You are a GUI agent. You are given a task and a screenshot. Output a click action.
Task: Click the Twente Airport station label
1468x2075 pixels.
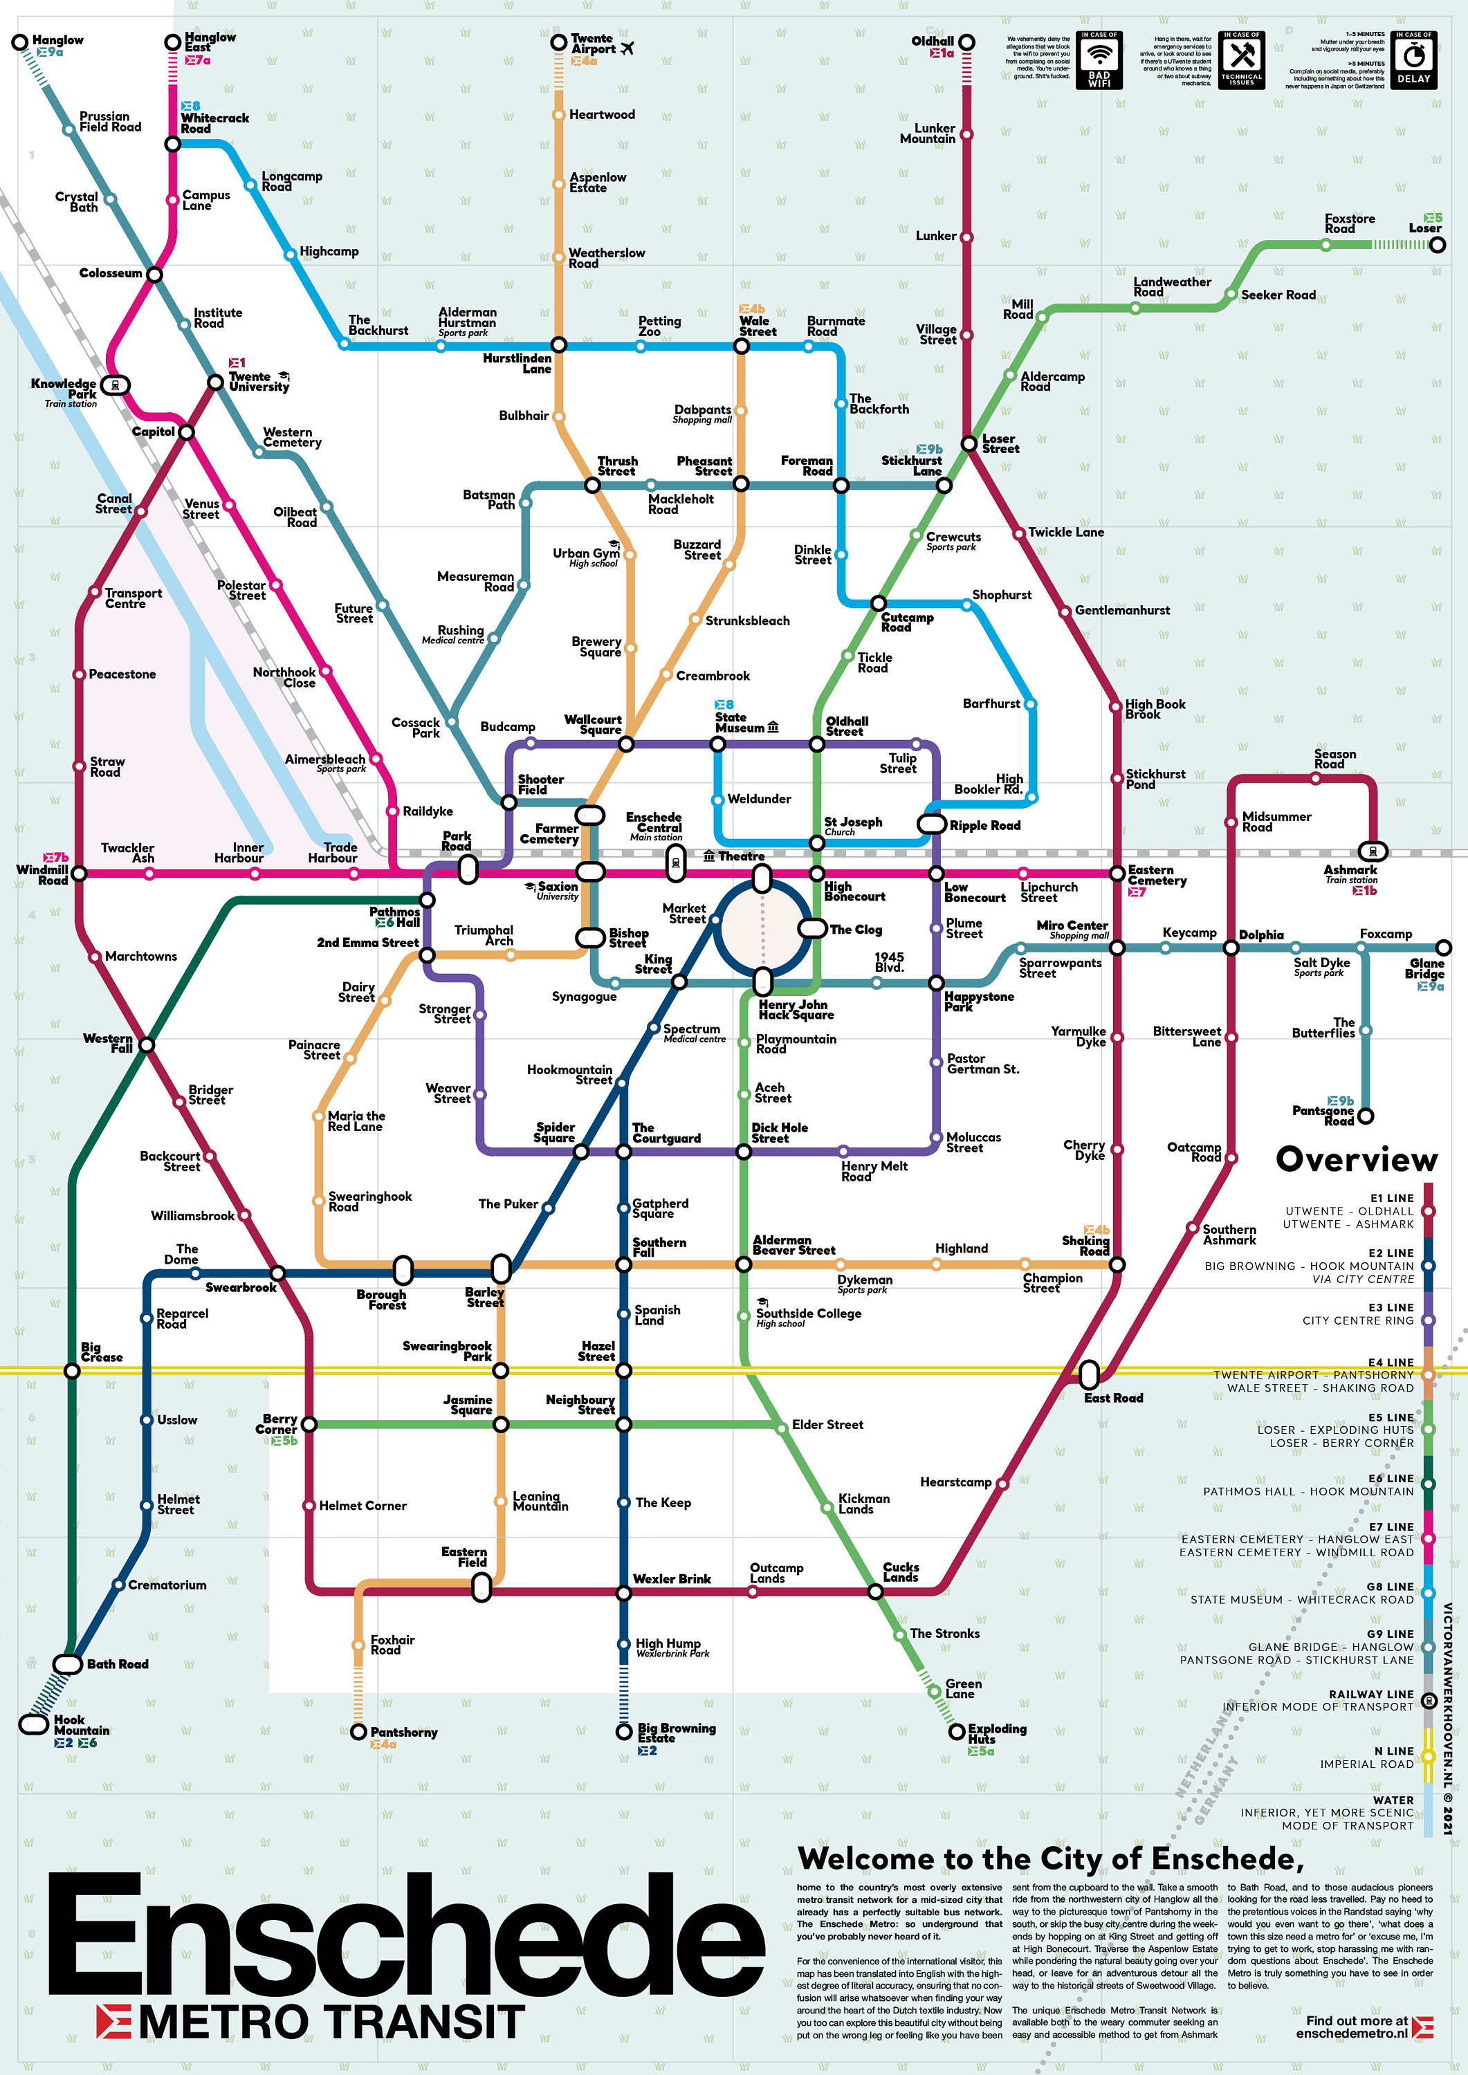592,44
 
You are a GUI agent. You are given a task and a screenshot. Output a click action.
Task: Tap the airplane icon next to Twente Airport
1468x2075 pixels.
627,48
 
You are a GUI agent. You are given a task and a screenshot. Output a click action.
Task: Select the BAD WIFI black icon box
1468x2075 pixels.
1100,59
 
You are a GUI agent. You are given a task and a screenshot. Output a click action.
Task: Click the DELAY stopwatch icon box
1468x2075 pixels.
1414,59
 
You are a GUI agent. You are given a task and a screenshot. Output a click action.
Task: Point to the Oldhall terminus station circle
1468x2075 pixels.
966,42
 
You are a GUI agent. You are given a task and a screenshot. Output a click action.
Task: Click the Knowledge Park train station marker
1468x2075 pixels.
115,386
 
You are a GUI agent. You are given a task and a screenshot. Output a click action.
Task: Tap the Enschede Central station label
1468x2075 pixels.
654,822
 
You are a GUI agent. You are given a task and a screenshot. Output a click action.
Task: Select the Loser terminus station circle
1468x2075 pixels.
1438,245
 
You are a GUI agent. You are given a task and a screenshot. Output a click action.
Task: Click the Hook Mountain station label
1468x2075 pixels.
82,1725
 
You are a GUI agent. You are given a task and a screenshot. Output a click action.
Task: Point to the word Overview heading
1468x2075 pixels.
1356,1159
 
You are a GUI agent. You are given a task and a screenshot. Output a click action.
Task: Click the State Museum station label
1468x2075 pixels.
740,722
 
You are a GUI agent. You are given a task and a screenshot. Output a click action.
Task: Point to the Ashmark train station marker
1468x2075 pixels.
1372,851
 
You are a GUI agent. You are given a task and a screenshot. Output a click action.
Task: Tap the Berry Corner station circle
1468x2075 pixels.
309,1424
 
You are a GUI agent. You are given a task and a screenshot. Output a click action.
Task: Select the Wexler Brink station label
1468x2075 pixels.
672,1579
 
